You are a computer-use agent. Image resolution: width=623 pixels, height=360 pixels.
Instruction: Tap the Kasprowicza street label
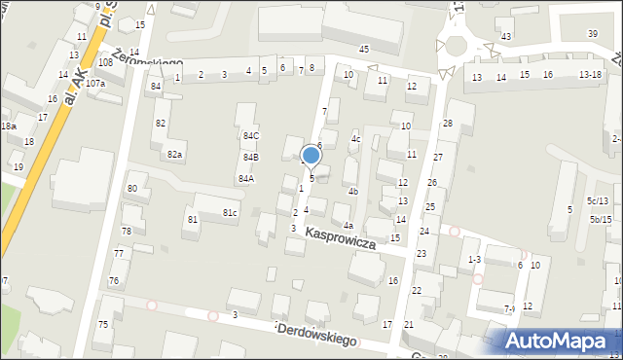[x=340, y=239]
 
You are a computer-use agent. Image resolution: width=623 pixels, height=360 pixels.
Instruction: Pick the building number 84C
[x=251, y=136]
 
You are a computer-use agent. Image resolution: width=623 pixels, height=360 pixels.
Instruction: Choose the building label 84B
[x=251, y=158]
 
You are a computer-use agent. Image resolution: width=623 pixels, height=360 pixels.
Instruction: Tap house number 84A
[x=245, y=179]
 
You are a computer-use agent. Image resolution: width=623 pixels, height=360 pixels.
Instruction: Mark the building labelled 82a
[x=174, y=155]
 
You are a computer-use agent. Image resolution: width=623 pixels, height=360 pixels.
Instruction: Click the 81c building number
[x=230, y=212]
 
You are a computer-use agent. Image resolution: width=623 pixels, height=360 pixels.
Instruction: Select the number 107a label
[x=95, y=84]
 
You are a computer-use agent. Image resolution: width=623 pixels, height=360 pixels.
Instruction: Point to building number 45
[x=364, y=49]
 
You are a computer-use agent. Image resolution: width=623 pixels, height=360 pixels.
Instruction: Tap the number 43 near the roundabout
[x=505, y=36]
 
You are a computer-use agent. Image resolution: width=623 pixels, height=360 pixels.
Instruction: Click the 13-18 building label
[x=590, y=75]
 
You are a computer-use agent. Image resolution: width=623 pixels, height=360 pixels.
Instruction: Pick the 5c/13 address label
[x=597, y=201]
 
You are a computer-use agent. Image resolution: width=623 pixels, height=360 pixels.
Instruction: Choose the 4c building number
[x=355, y=139]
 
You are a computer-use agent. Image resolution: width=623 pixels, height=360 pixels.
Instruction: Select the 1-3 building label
[x=474, y=260]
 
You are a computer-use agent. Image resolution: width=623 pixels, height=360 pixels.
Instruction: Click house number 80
[x=131, y=188]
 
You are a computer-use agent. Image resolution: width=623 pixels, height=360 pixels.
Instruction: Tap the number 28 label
[x=448, y=123]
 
